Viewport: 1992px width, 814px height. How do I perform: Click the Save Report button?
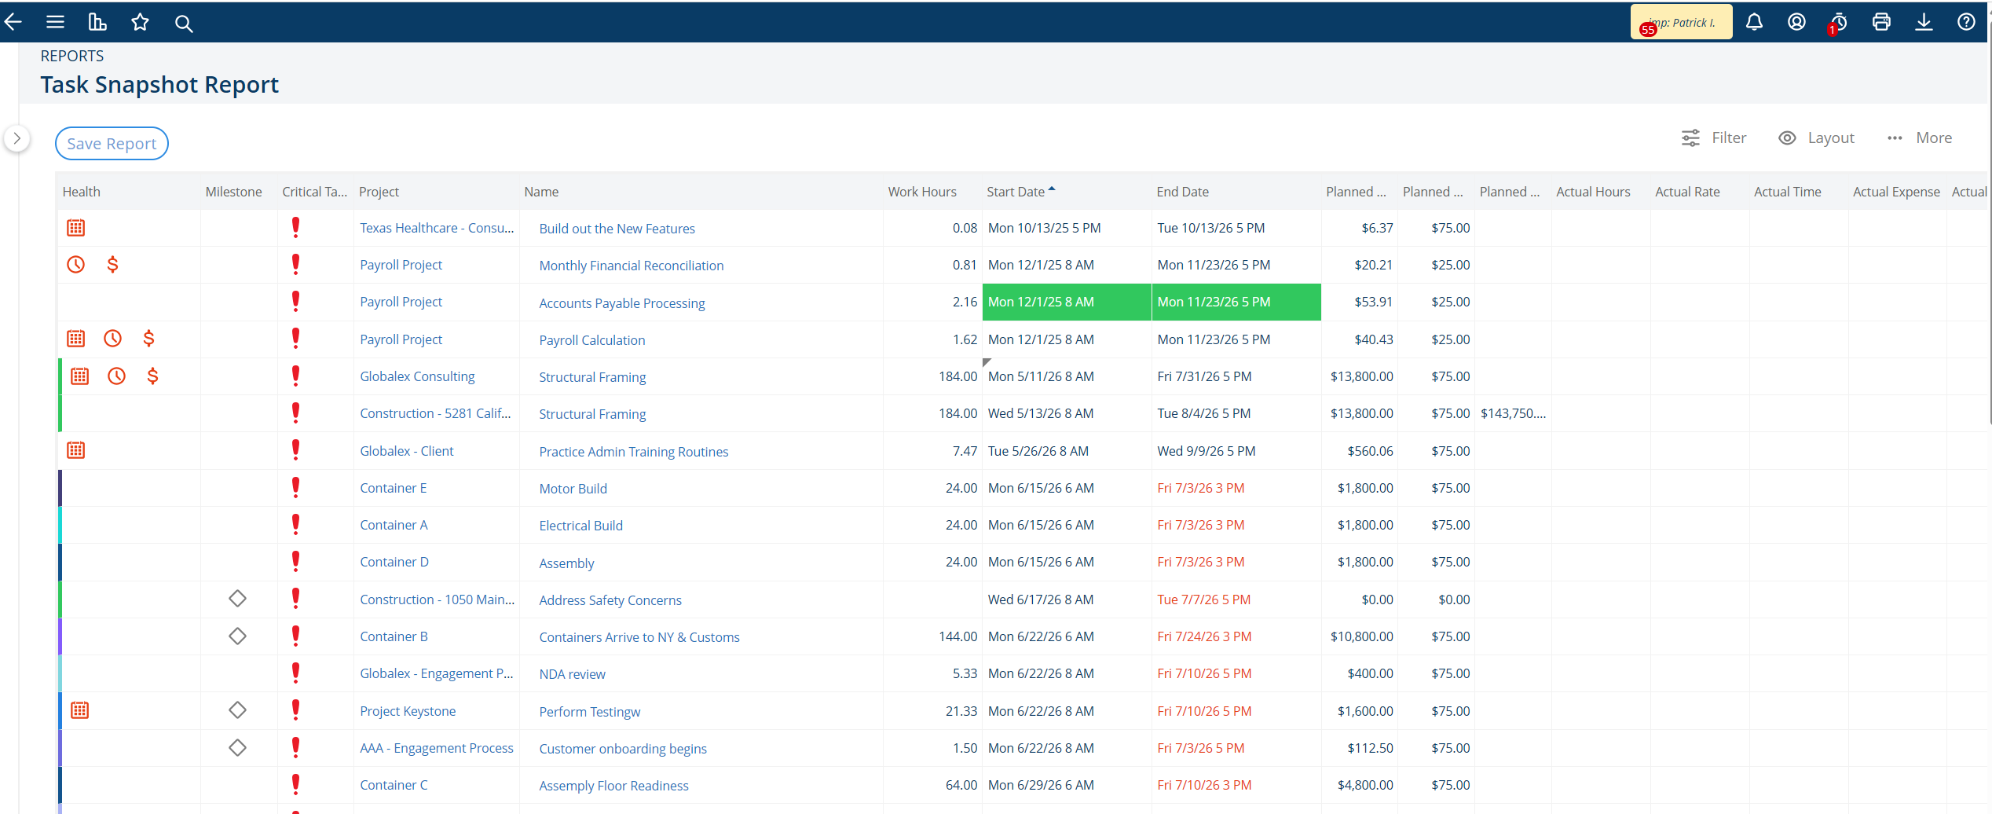tap(112, 144)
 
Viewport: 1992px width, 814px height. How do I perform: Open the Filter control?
tap(1714, 138)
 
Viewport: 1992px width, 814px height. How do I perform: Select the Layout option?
tap(1816, 138)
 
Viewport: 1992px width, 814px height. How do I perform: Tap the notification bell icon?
tap(1754, 22)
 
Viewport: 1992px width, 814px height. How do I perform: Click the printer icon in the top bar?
tap(1881, 22)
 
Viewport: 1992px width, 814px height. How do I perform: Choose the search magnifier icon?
tap(184, 24)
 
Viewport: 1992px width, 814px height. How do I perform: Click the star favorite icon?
tap(140, 22)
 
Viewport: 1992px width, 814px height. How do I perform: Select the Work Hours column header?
tap(922, 192)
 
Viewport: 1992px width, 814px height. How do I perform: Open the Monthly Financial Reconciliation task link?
tap(632, 266)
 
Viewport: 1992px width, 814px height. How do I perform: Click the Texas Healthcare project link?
tap(437, 228)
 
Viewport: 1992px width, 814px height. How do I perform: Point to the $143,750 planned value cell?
tap(1513, 413)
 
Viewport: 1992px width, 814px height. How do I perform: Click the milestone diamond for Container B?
tap(237, 636)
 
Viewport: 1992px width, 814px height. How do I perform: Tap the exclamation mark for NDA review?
tap(295, 673)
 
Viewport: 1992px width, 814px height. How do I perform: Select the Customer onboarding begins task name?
tap(623, 749)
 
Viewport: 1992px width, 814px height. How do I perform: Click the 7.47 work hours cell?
tap(965, 451)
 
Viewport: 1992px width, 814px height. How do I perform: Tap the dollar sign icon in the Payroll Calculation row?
tap(148, 339)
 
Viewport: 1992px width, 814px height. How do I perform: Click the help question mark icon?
tap(1966, 22)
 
